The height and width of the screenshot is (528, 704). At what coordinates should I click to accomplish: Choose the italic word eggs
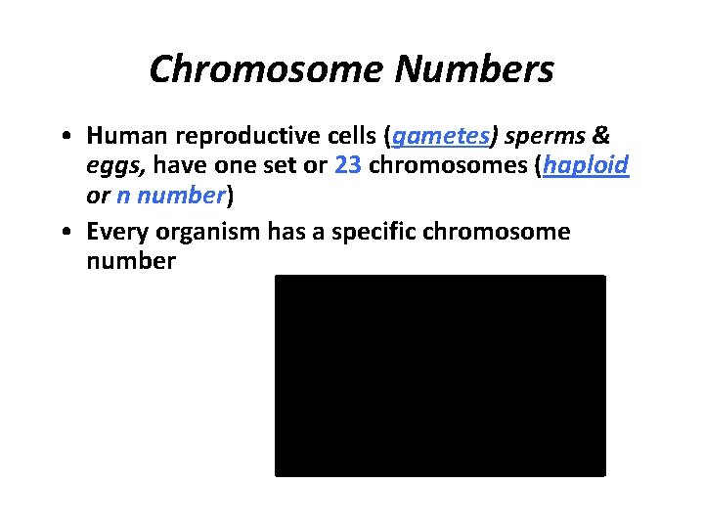[x=109, y=166]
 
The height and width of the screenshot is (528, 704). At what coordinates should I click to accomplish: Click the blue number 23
[x=347, y=166]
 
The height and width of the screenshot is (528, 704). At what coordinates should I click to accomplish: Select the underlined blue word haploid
[x=587, y=166]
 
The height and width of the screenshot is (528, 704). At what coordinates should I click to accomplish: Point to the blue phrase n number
[x=171, y=195]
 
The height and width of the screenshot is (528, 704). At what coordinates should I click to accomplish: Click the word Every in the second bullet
[x=115, y=232]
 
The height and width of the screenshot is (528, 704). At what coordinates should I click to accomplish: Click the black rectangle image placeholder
[x=440, y=375]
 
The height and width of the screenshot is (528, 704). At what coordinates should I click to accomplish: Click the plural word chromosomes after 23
[x=449, y=166]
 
